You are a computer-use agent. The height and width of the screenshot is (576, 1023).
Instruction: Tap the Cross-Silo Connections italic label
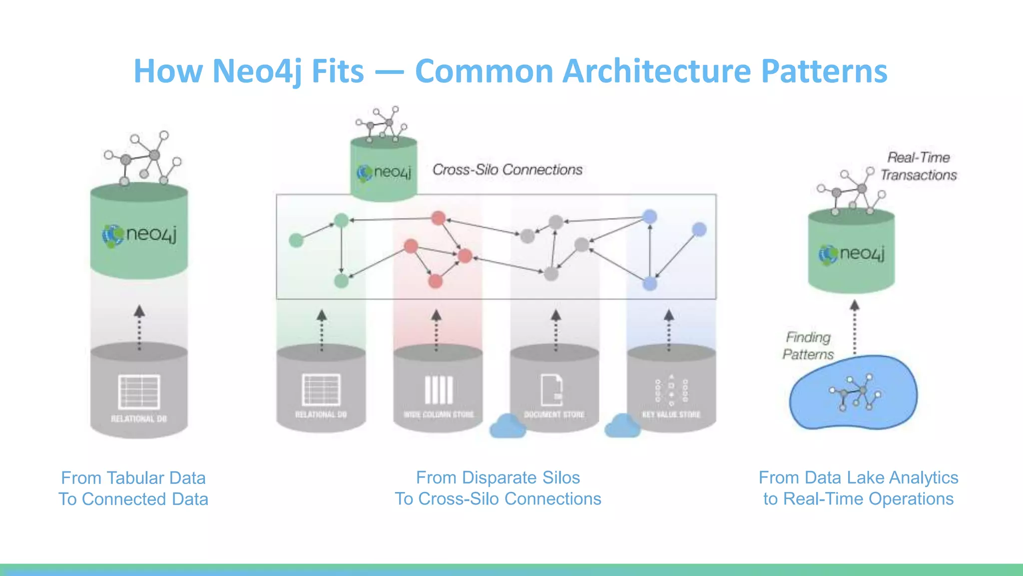507,170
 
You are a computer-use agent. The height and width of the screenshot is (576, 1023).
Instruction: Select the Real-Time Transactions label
918,166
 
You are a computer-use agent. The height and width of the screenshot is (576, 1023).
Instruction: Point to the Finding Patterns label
808,345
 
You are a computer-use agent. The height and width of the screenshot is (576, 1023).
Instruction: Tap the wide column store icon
439,390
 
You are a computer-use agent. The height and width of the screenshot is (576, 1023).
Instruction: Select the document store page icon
552,390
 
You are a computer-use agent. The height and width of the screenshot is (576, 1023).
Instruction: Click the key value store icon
671,390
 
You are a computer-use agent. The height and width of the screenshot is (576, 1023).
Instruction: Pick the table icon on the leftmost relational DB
139,392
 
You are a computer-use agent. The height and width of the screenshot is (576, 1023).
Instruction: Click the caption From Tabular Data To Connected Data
133,488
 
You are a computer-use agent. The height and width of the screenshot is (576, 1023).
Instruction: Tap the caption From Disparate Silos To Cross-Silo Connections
498,488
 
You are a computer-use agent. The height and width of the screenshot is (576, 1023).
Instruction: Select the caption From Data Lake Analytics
858,478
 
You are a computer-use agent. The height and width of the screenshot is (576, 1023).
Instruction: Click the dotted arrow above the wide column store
436,330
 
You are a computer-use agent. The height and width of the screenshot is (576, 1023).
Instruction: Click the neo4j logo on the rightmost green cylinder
851,254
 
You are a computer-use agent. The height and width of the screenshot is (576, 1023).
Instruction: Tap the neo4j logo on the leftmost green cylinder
139,235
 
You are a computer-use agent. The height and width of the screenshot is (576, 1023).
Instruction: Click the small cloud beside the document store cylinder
508,426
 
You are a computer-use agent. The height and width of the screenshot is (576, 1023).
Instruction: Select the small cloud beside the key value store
622,426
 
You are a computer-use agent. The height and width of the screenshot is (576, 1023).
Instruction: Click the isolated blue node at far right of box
699,229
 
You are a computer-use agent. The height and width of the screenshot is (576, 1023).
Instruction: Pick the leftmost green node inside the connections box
296,240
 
